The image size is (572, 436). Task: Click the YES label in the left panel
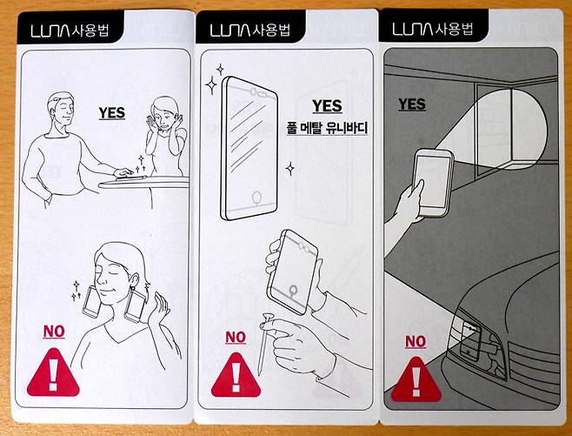[x=111, y=112]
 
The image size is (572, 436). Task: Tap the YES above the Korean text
[x=326, y=106]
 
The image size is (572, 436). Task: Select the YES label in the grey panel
[x=411, y=104]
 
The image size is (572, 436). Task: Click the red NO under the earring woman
[x=54, y=331]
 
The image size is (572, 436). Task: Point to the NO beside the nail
[x=236, y=337]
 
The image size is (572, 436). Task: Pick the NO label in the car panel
[x=415, y=342]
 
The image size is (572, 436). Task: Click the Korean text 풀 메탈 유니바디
[x=328, y=129]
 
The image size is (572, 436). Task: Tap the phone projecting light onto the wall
[x=432, y=180]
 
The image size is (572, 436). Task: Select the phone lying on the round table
[x=127, y=176]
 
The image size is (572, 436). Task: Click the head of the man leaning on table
[x=63, y=109]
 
